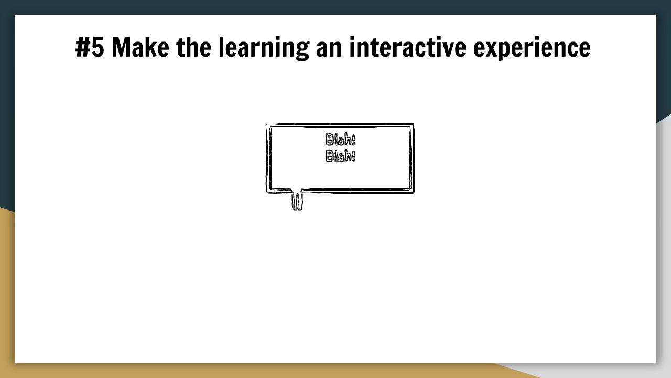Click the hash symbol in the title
pyautogui.click(x=83, y=47)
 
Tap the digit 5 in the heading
pyautogui.click(x=98, y=47)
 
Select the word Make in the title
pyautogui.click(x=140, y=47)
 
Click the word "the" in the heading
pyautogui.click(x=194, y=47)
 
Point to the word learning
pyautogui.click(x=264, y=49)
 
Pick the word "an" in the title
pyautogui.click(x=329, y=50)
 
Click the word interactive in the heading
pyautogui.click(x=408, y=47)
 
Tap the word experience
pyautogui.click(x=532, y=49)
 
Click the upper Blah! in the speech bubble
pyautogui.click(x=340, y=140)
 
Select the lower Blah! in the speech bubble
pyautogui.click(x=340, y=156)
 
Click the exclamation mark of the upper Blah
pyautogui.click(x=353, y=140)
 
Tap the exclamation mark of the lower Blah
pyautogui.click(x=353, y=156)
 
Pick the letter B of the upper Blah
pyautogui.click(x=330, y=140)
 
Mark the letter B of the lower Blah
pyautogui.click(x=330, y=156)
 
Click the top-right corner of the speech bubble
pyautogui.click(x=414, y=123)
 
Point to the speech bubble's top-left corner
pyautogui.click(x=267, y=123)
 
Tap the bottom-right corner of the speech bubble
pyautogui.click(x=414, y=193)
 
